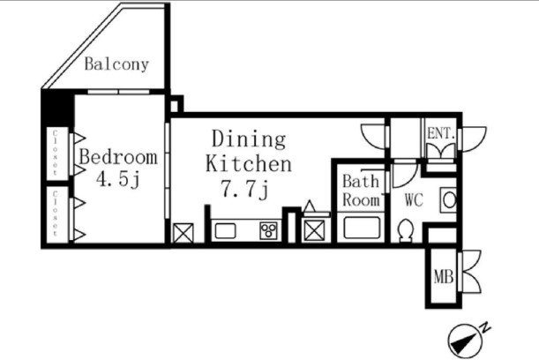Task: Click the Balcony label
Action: coord(116,64)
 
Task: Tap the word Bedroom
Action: coord(118,157)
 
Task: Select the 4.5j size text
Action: coord(118,179)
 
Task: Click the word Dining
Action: coord(249,139)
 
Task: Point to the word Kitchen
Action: coord(249,163)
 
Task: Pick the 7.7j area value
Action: coord(244,189)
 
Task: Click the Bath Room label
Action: coord(362,191)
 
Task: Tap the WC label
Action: coord(414,199)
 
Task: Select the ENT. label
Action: coord(441,133)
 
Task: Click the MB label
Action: coord(444,277)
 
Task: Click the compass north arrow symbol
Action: coord(465,341)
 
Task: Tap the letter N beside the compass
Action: coord(485,327)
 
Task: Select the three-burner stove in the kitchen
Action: coord(268,230)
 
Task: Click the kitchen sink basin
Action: coord(226,230)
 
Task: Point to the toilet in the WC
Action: coord(406,230)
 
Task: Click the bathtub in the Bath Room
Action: coord(362,228)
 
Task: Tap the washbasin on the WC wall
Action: coord(448,199)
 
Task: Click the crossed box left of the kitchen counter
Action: coord(183,233)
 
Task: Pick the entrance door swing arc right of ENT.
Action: coord(474,139)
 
